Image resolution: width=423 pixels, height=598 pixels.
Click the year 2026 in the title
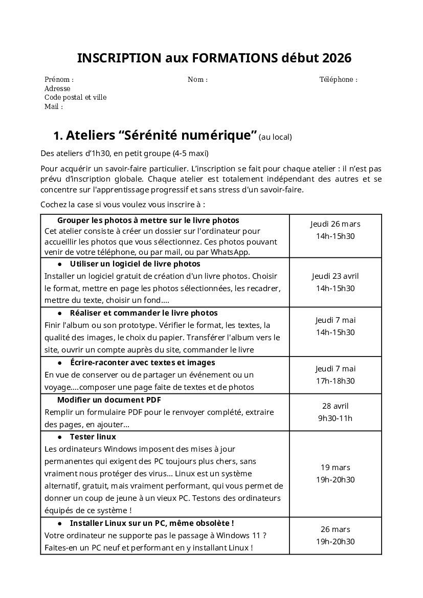click(x=337, y=58)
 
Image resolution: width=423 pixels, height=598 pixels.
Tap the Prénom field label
click(x=59, y=80)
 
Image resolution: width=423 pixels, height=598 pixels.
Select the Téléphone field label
click(x=338, y=80)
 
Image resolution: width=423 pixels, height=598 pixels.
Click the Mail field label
click(x=53, y=107)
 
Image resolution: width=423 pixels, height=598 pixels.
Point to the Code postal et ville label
click(x=75, y=98)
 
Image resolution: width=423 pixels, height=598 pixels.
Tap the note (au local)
click(x=275, y=137)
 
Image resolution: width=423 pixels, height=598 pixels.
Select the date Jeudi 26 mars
click(x=335, y=224)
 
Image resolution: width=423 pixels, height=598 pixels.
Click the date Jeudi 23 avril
click(x=335, y=276)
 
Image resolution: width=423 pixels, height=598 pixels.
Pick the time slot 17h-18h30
click(x=335, y=381)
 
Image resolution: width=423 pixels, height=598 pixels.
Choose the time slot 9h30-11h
click(x=335, y=418)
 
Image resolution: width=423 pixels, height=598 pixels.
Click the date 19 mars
click(x=335, y=468)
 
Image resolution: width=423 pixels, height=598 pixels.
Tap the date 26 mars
click(x=335, y=529)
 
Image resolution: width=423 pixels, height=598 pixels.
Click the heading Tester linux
click(x=93, y=437)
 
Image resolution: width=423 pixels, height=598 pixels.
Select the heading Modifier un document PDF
click(x=109, y=400)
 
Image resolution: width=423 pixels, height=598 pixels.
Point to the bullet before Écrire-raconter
click(x=60, y=363)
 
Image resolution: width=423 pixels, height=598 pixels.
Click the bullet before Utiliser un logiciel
click(x=60, y=264)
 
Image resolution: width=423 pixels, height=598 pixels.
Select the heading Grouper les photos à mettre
click(x=148, y=220)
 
